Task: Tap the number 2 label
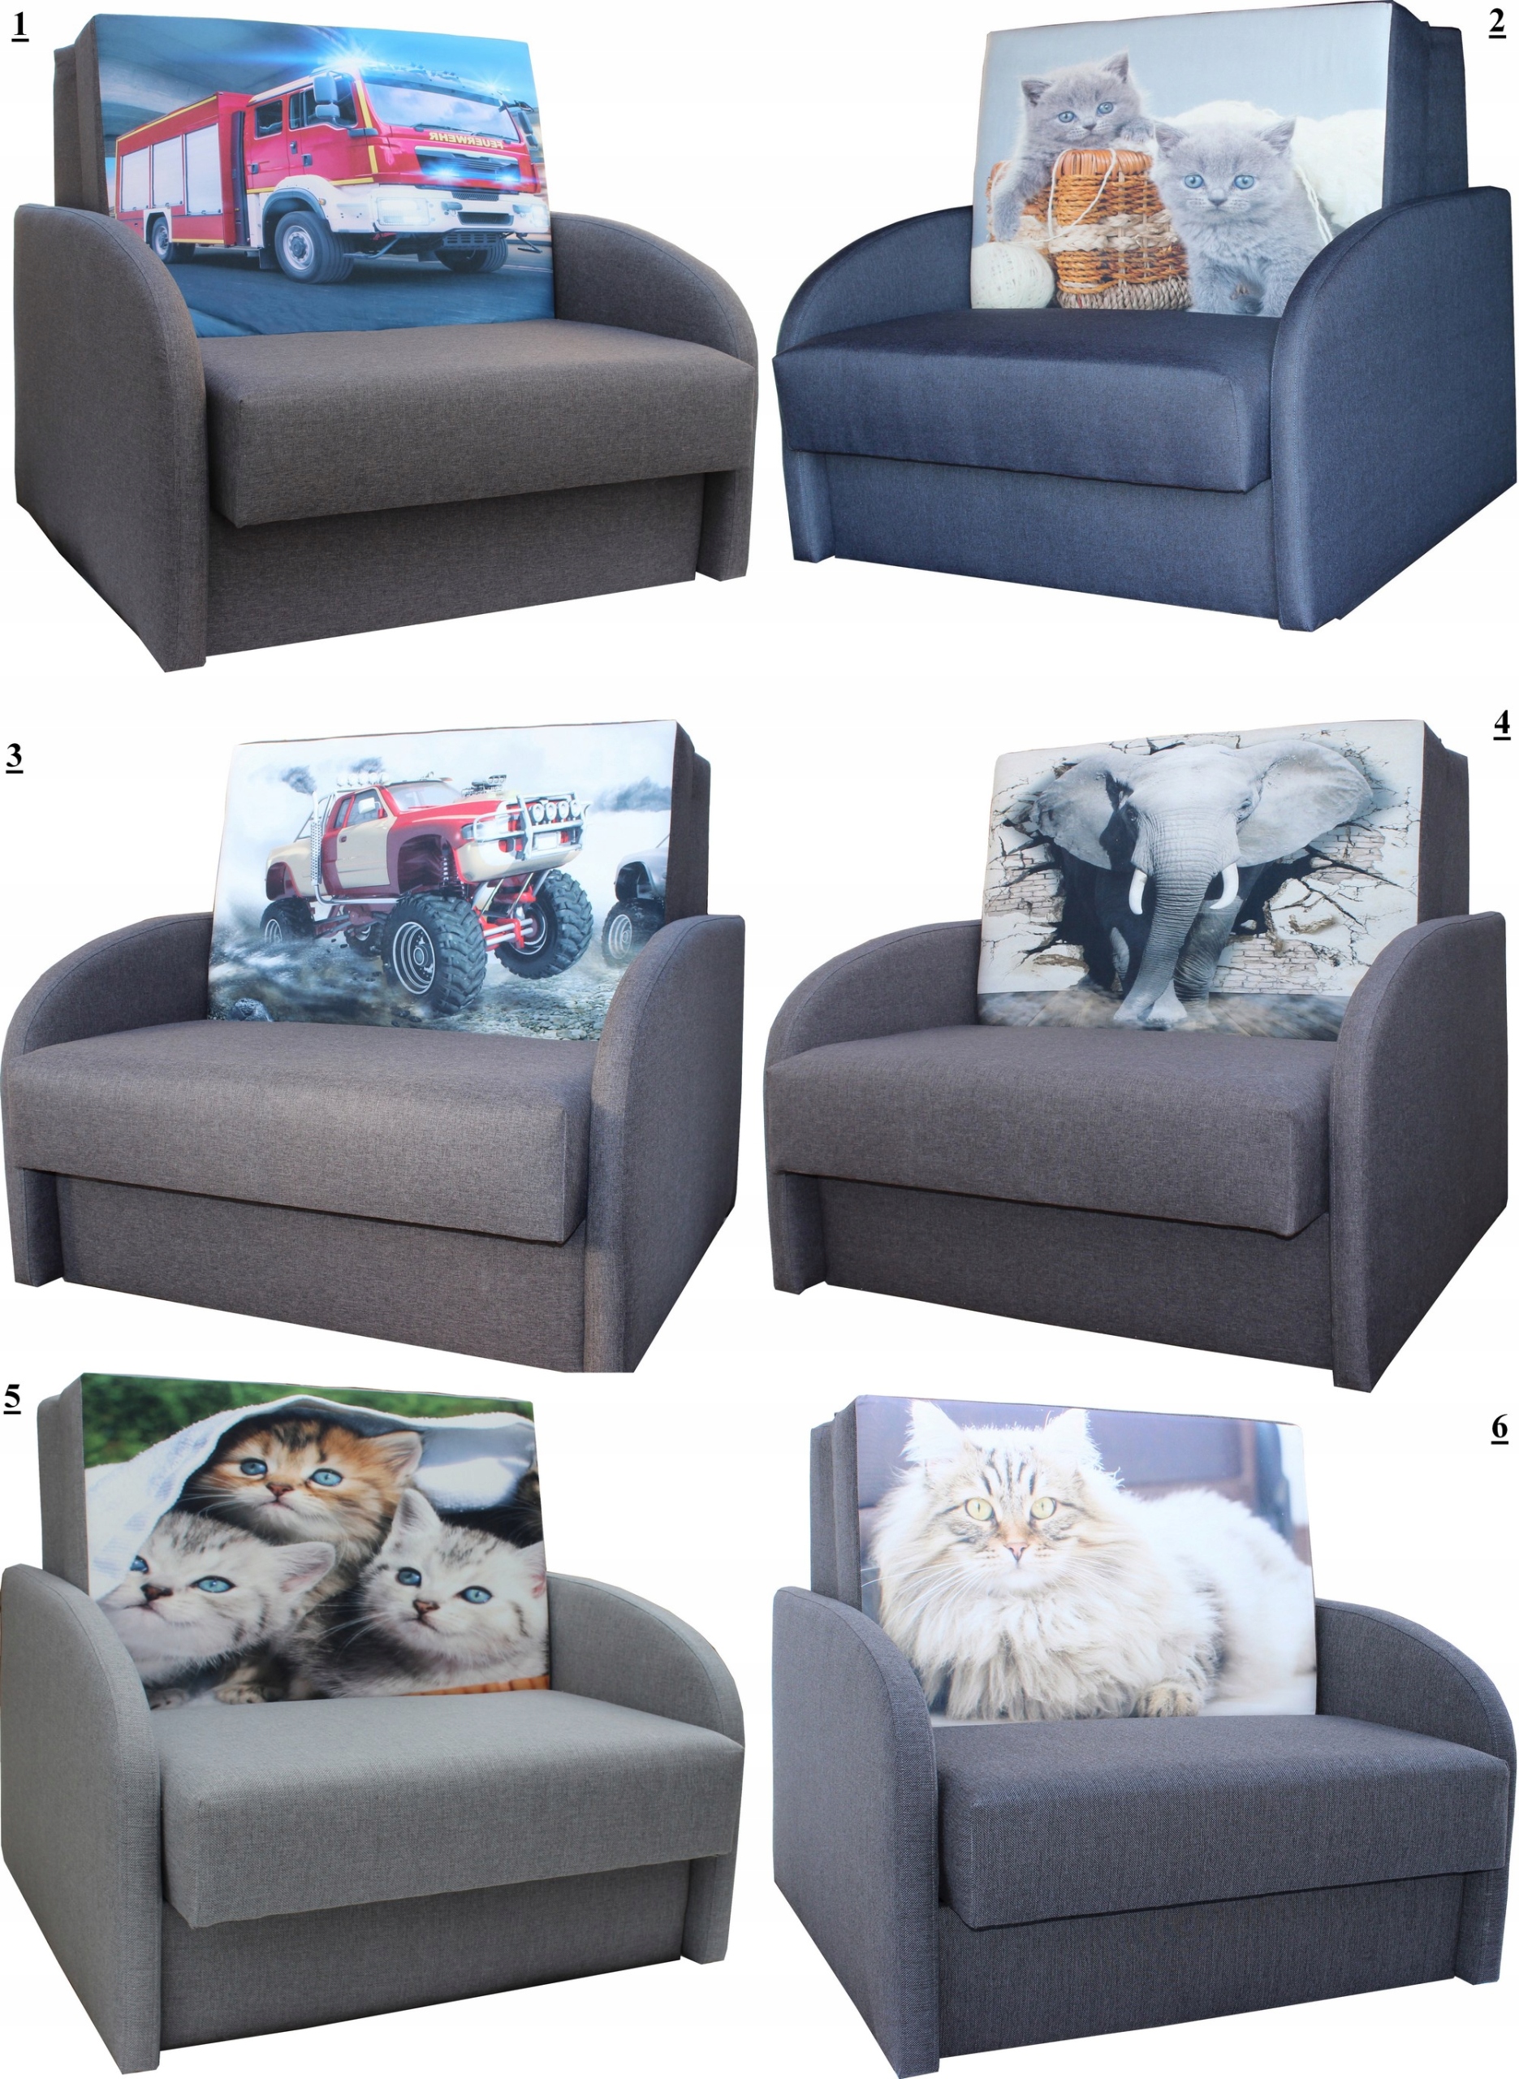pyautogui.click(x=1497, y=25)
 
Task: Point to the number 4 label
pyautogui.click(x=1500, y=724)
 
